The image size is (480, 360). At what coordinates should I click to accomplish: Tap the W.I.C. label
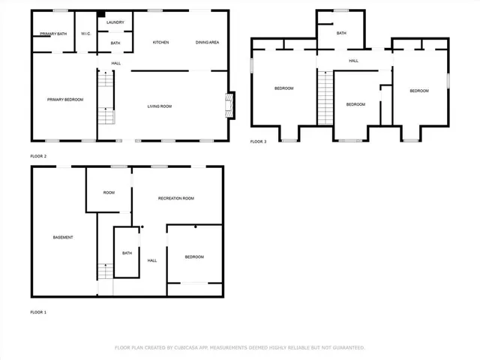coord(86,34)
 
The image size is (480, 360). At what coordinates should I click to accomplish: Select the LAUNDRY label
coord(115,22)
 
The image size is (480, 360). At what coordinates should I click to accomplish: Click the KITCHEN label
coord(160,43)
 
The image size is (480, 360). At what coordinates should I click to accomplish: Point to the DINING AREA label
coord(207,43)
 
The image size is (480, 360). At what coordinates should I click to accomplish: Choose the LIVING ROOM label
coord(159,106)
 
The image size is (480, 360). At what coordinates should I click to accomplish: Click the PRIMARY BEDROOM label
coord(64,100)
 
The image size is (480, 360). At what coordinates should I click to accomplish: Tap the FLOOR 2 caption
coord(38,156)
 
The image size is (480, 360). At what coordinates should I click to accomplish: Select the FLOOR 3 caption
coord(258,142)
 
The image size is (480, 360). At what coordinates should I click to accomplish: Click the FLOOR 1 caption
coord(38,311)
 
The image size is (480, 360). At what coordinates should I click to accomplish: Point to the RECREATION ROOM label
coord(176,198)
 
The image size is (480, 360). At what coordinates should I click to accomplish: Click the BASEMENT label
coord(63,238)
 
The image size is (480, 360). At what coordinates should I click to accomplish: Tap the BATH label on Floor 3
coord(341,33)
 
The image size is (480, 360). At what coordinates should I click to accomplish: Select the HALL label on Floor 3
coord(353,61)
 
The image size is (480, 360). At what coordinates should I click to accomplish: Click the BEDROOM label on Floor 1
coord(194,257)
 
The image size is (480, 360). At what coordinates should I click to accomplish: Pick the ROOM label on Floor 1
coord(109,193)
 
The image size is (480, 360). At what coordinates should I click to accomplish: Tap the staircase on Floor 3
coord(325,97)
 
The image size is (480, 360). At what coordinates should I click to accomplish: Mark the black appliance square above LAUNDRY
coord(101,13)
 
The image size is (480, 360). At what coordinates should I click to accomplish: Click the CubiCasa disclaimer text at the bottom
coord(239,347)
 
